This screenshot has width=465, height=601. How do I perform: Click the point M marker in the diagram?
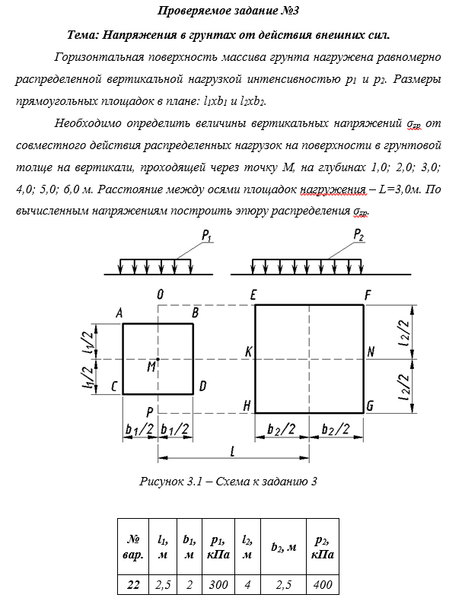pyautogui.click(x=158, y=358)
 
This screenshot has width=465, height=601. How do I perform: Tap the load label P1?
pyautogui.click(x=206, y=238)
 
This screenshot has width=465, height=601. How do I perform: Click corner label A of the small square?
pyautogui.click(x=119, y=313)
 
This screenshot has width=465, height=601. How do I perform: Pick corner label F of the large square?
pyautogui.click(x=368, y=294)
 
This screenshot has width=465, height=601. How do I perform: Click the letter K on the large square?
pyautogui.click(x=247, y=351)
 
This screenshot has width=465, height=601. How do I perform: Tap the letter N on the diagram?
pyautogui.click(x=371, y=351)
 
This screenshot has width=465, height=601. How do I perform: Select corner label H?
pyautogui.click(x=247, y=406)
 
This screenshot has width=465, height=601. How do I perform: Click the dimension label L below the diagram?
pyautogui.click(x=233, y=450)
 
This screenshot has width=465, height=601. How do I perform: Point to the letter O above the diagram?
pyautogui.click(x=160, y=294)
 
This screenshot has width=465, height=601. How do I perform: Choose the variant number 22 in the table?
pyautogui.click(x=132, y=584)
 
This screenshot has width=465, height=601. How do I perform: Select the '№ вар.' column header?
pyautogui.click(x=132, y=547)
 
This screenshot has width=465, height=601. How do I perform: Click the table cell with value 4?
pyautogui.click(x=247, y=584)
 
